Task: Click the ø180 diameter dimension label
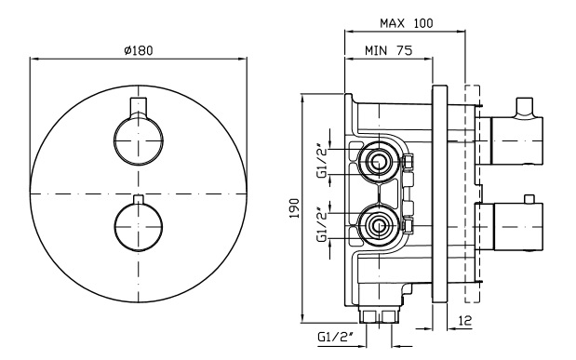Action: click(x=139, y=50)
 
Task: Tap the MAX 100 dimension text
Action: click(x=407, y=23)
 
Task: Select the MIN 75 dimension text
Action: click(x=389, y=50)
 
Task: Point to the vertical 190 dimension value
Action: click(x=295, y=208)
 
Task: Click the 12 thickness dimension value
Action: click(x=464, y=321)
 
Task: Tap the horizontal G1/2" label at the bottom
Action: click(x=335, y=337)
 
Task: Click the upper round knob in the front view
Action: click(x=139, y=141)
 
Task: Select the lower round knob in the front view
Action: click(x=139, y=227)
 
